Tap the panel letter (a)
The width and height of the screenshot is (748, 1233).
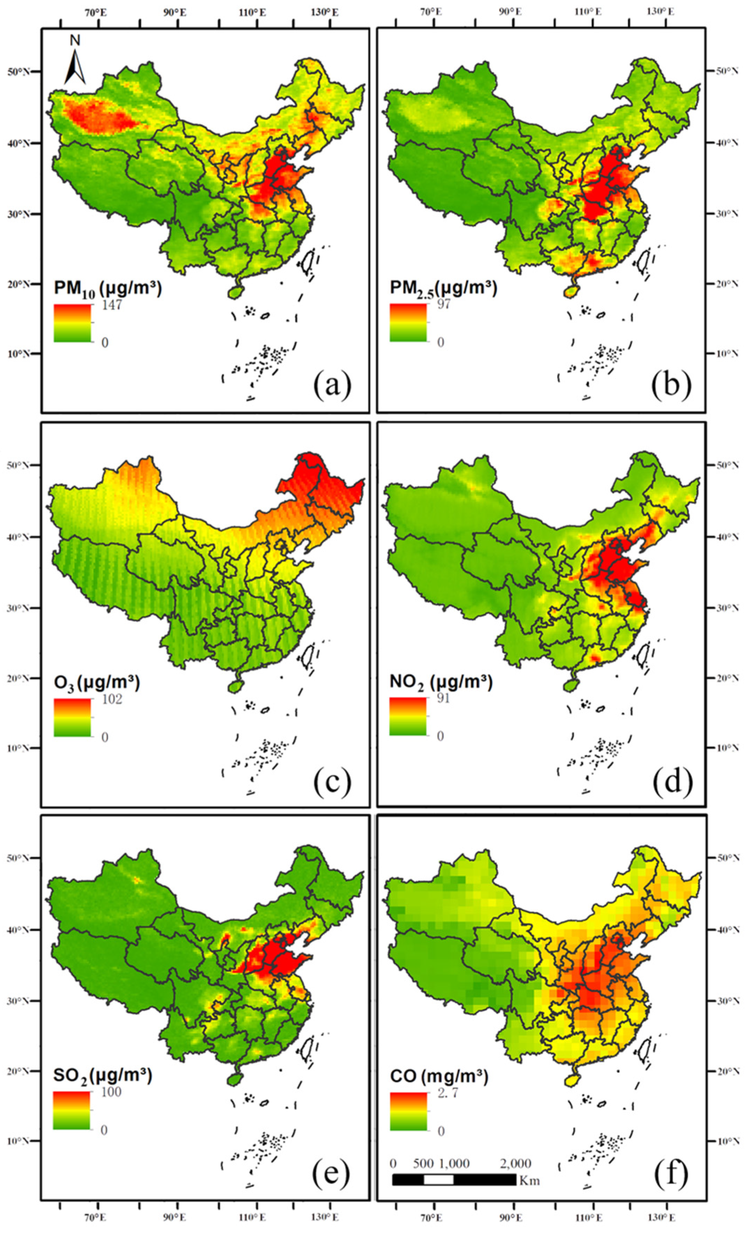coord(332,385)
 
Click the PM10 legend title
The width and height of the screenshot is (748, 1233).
coord(107,289)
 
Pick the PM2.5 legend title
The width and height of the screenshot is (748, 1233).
coord(443,289)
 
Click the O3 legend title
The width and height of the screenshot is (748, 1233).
coord(97,683)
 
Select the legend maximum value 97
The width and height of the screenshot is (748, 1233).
coord(443,304)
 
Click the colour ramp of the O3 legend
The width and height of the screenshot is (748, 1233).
coord(73,717)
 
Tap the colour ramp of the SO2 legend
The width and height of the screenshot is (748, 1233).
coord(71,1110)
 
